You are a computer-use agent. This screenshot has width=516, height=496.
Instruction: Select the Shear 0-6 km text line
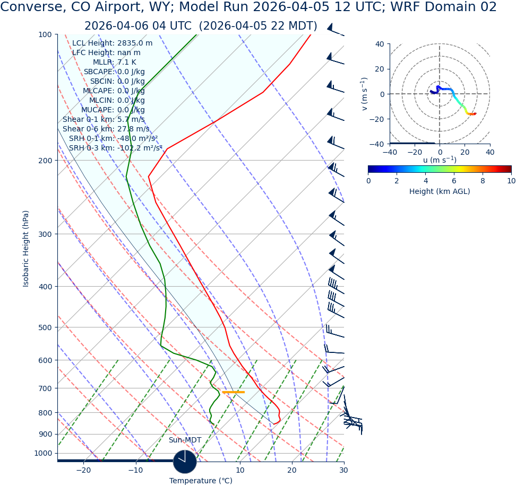point(106,129)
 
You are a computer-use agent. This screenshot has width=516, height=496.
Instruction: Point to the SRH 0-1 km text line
point(113,139)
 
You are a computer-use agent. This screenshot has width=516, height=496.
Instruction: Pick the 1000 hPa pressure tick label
point(43,453)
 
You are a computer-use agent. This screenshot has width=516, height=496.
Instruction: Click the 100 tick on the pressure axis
point(45,34)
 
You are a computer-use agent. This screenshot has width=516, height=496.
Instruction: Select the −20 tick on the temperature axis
point(83,471)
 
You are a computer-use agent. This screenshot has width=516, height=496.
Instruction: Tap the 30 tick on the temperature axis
point(343,471)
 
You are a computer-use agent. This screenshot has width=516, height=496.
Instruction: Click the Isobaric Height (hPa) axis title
point(26,249)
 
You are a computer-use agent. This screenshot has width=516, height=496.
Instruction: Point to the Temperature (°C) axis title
point(201,481)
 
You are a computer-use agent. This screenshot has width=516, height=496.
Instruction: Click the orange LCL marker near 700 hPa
point(233,392)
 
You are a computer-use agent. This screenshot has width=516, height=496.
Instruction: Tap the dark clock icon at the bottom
point(185,462)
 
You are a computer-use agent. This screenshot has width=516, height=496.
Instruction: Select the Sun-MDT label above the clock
point(185,440)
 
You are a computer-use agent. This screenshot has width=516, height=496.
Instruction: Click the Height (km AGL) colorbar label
point(439,192)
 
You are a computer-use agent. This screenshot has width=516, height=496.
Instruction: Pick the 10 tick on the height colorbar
point(510,181)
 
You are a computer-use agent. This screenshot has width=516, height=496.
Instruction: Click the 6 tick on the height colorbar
point(454,181)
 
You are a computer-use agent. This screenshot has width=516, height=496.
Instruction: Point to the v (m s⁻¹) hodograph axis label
point(364,94)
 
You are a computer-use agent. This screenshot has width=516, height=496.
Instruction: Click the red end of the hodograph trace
point(475,113)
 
